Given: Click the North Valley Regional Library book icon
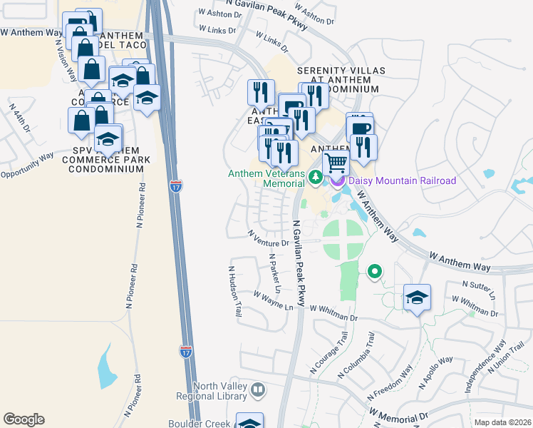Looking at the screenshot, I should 259,390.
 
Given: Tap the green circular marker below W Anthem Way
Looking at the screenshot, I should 373,271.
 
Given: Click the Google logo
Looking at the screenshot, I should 24,419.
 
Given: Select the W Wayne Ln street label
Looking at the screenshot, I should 274,300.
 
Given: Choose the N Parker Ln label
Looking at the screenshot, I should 275,274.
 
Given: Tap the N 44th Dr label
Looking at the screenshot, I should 20,118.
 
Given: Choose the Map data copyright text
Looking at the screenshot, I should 503,422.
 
